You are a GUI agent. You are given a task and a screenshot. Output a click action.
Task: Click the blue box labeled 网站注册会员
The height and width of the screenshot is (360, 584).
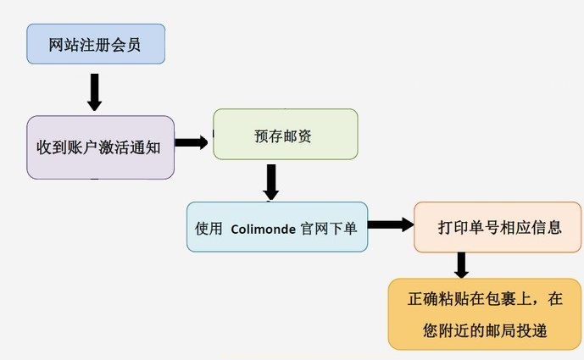pos(95,44)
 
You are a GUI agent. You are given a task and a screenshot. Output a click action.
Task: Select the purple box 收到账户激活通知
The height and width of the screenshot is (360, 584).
pos(100,147)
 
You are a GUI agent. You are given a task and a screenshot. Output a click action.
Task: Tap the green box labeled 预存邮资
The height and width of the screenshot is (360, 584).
pos(285,134)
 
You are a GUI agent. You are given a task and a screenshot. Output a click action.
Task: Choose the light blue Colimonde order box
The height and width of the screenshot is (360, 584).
pos(277,226)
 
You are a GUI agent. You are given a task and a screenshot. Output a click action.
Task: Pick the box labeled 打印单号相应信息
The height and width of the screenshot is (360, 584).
pos(497,227)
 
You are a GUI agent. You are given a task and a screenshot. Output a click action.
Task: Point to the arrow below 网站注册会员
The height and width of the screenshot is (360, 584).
pos(94,91)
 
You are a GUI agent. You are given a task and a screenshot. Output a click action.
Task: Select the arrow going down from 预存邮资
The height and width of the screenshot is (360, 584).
pos(271,182)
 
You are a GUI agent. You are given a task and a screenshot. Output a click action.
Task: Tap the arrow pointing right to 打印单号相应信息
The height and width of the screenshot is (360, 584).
pos(390,224)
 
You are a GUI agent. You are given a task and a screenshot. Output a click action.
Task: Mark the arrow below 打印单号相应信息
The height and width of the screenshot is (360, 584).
pos(461,265)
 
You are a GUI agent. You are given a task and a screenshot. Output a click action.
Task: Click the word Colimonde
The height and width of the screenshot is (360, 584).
pos(262,228)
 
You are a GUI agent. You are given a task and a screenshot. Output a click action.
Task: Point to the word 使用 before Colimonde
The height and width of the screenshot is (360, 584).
pos(209,228)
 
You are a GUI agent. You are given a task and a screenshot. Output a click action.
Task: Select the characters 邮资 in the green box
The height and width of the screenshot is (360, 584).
pos(300,135)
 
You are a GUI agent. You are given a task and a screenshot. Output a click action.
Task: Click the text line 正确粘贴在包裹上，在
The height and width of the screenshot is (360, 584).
pos(485,299)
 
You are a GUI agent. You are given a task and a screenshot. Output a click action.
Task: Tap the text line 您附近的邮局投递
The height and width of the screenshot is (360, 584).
pos(485,330)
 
